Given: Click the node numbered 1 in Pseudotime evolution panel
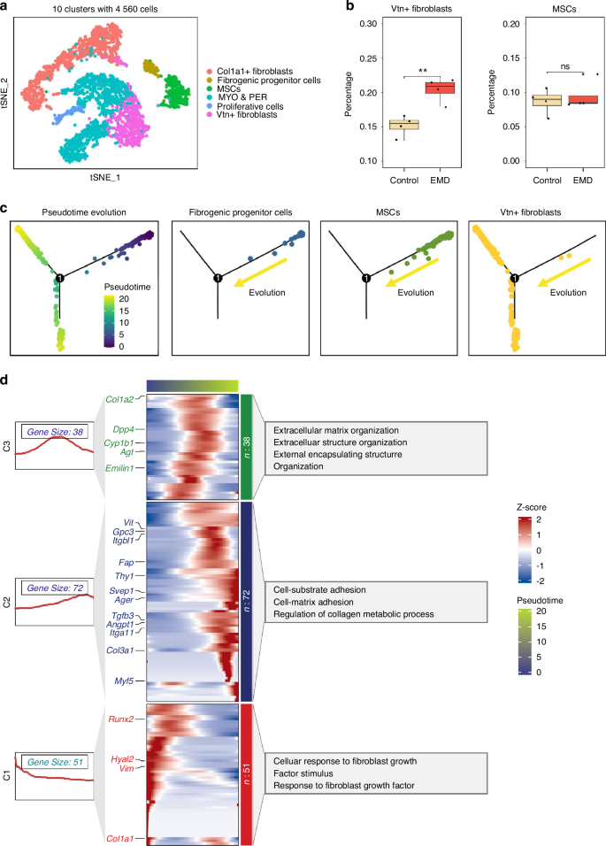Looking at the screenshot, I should pos(58,280).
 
